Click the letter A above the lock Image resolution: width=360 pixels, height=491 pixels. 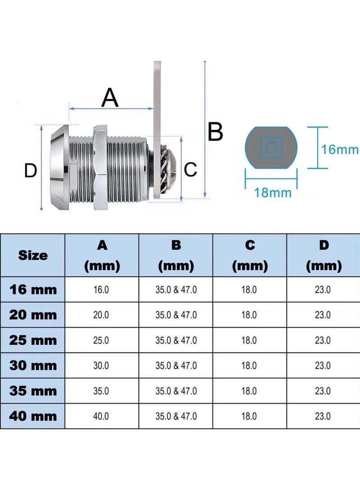pos(110,97)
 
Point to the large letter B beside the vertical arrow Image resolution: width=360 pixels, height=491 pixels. pos(216,131)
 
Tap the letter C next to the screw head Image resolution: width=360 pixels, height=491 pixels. pos(190,169)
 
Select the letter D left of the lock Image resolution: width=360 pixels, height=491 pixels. pos(31,171)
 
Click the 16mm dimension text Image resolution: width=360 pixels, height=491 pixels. pos(340,149)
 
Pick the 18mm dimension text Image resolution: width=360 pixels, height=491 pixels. pos(272,192)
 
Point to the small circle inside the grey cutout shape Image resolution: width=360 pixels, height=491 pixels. pos(271,148)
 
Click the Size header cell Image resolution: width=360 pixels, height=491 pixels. pos(33,255)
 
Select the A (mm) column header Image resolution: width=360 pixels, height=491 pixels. pos(102,256)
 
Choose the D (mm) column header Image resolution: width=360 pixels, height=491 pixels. pos(324,256)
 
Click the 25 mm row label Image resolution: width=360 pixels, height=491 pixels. pos(33,340)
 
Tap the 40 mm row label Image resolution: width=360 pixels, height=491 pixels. pos(33,416)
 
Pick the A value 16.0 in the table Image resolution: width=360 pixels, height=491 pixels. pos(101,290)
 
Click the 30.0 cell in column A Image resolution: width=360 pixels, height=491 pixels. pos(101,365)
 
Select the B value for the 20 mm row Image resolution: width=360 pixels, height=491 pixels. pos(176,315)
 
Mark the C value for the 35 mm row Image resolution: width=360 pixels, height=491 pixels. pos(249,391)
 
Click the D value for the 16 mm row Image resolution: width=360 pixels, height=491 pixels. pos(323,290)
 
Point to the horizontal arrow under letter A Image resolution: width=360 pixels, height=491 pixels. pos(111,108)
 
